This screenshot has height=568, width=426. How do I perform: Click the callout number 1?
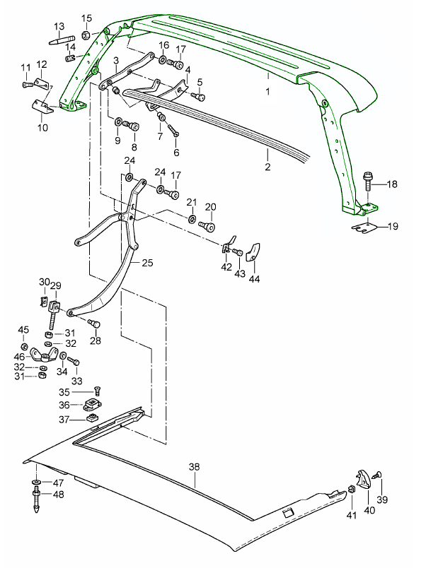coord(268,92)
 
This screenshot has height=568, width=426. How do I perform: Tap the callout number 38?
coord(195,467)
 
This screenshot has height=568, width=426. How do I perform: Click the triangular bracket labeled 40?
coord(363,478)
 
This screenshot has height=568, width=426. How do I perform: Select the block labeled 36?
coord(92,406)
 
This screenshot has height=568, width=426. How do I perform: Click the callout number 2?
coord(268,167)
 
